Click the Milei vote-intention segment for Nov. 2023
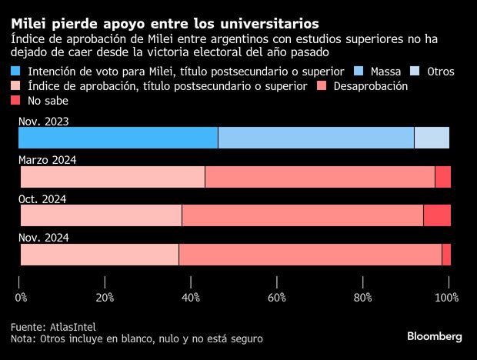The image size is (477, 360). pos(118,138)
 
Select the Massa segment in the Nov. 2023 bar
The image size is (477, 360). pos(315,138)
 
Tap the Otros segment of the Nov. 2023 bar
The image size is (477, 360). pos(432,138)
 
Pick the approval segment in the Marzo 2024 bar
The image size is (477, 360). pos(112,177)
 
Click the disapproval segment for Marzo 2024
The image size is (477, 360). pos(320,177)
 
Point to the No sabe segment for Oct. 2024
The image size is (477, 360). pos(437,216)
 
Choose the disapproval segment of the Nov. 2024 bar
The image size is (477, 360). pos(310,255)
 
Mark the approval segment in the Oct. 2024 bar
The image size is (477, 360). pos(101,216)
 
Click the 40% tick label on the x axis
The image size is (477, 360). pos(191,297)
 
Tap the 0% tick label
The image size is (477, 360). pos(21,297)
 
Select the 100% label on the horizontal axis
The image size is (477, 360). pos(447,297)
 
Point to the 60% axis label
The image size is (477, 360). pos(276,297)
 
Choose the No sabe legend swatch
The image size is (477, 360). pos(17,101)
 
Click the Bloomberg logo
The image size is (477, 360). pos(434,336)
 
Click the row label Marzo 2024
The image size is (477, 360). pos(47,159)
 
